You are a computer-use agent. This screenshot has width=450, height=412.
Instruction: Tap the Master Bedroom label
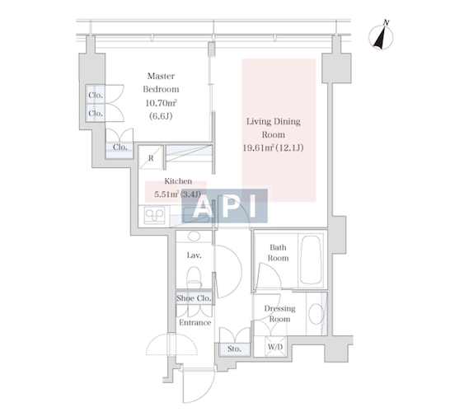pyautogui.click(x=161, y=82)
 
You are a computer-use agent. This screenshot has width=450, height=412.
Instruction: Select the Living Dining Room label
pyautogui.click(x=274, y=128)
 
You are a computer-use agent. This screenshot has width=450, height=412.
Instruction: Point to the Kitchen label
pyautogui.click(x=178, y=181)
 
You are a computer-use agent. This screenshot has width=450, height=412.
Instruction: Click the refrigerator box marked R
pyautogui.click(x=151, y=157)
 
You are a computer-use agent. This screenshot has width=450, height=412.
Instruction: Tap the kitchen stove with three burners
pyautogui.click(x=155, y=215)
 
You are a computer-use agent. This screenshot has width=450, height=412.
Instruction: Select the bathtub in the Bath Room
pyautogui.click(x=311, y=260)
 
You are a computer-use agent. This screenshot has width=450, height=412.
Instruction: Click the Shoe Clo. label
pyautogui.click(x=194, y=298)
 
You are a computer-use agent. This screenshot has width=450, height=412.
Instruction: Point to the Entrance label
pyautogui.click(x=195, y=323)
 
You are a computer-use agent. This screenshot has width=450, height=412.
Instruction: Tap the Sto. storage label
pyautogui.click(x=234, y=349)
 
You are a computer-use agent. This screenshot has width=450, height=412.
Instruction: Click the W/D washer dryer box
pyautogui.click(x=275, y=347)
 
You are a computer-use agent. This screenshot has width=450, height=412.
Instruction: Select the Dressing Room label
pyautogui.click(x=280, y=314)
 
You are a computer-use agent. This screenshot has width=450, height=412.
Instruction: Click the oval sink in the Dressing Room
pyautogui.click(x=316, y=314)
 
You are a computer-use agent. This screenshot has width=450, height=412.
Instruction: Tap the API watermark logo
pyautogui.click(x=225, y=206)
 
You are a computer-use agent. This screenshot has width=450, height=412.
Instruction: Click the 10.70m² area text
pyautogui.click(x=161, y=103)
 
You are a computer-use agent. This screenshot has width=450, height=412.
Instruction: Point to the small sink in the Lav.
pyautogui.click(x=195, y=236)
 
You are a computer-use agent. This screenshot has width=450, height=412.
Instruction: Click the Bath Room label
pyautogui.click(x=278, y=253)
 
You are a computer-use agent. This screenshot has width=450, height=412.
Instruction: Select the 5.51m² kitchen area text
pyautogui.click(x=167, y=194)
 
